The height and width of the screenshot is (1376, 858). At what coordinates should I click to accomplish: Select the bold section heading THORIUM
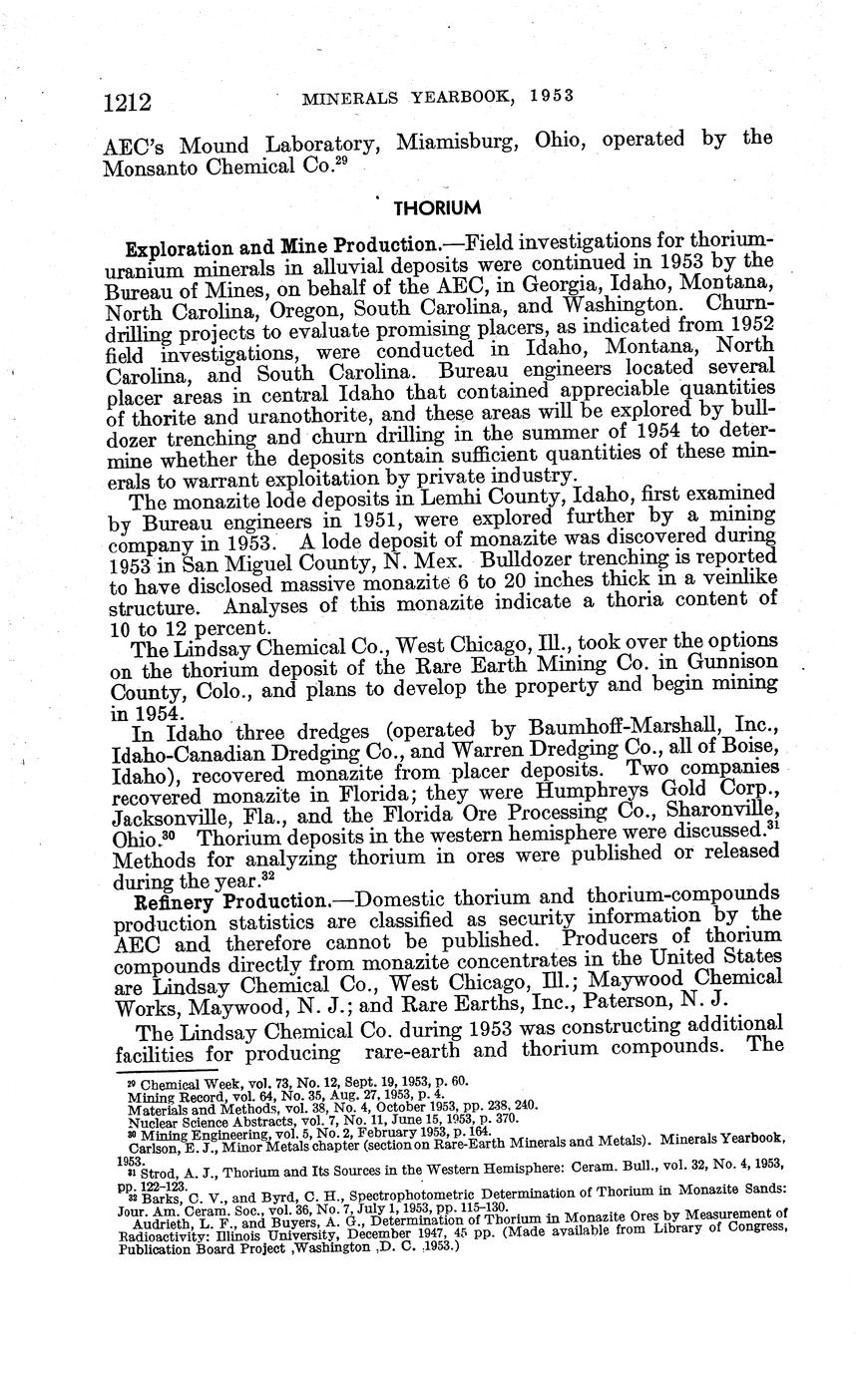click(x=437, y=207)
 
